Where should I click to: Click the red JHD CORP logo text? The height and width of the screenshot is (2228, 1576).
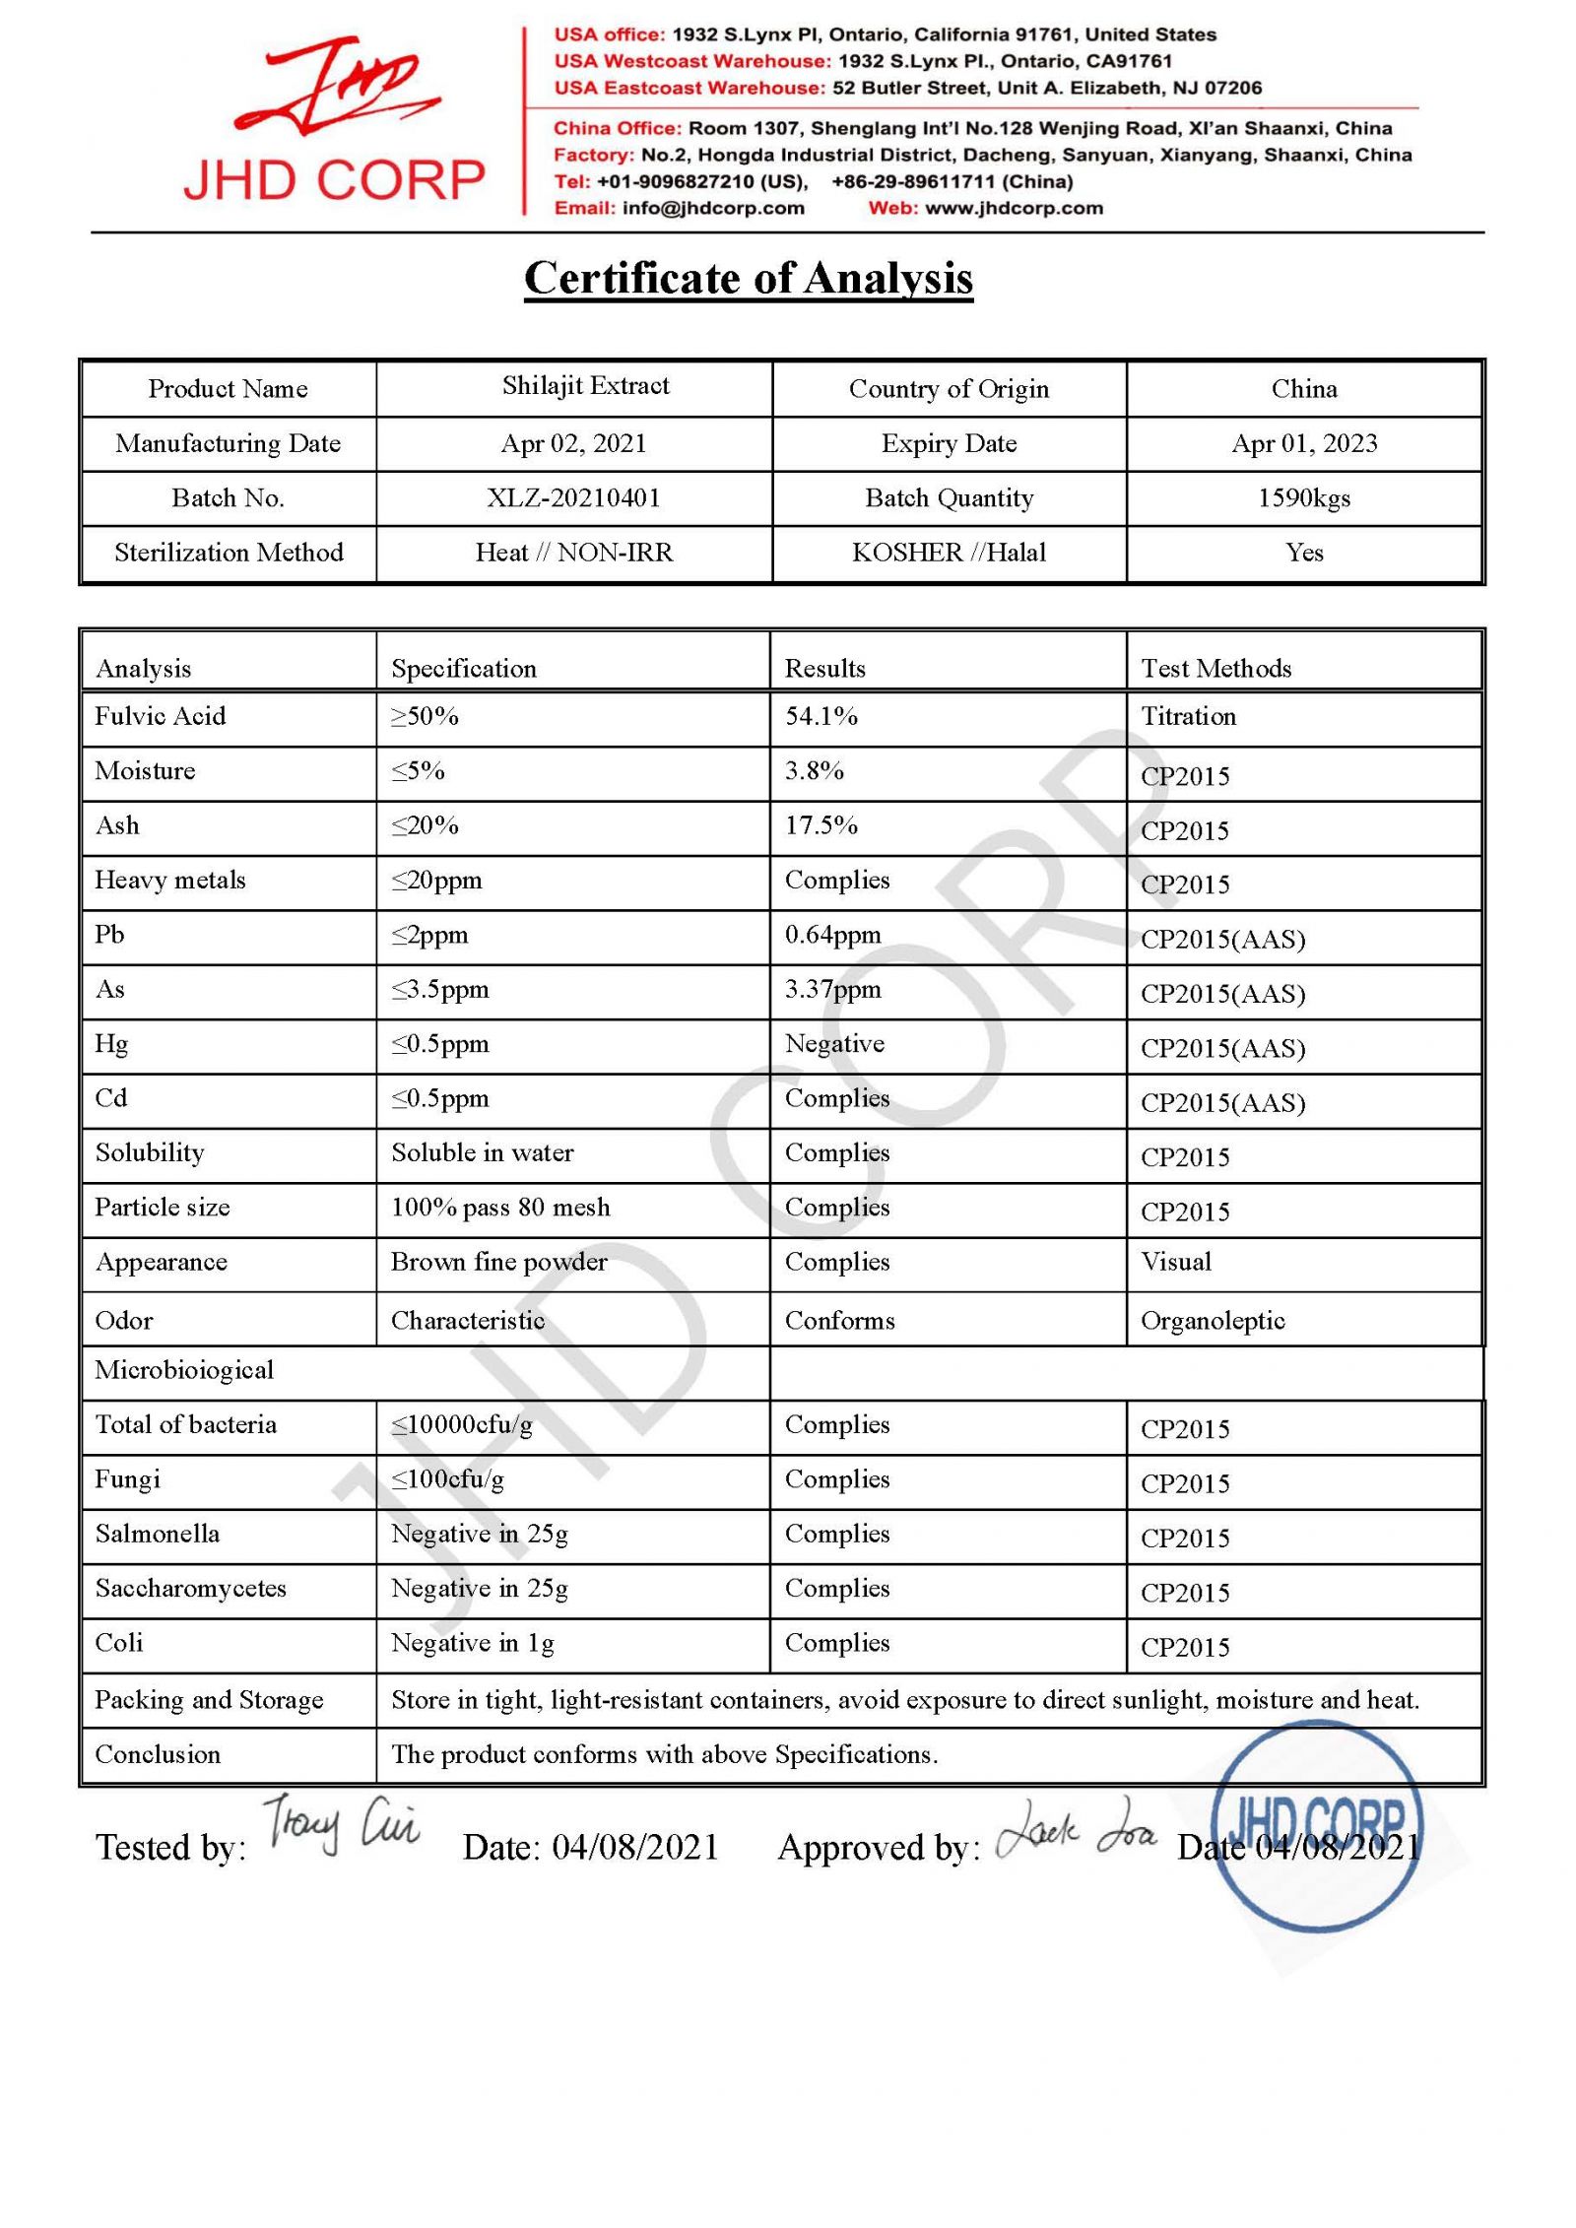click(x=334, y=179)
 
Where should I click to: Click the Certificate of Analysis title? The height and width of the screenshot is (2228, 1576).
click(x=748, y=278)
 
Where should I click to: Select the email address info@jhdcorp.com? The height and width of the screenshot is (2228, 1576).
click(x=713, y=208)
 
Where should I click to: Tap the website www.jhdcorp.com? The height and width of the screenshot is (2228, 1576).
click(x=1014, y=208)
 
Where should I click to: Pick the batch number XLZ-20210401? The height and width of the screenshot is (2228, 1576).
click(x=573, y=497)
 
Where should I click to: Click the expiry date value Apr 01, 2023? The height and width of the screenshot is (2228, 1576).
click(x=1303, y=443)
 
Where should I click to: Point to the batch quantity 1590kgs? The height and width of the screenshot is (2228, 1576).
click(x=1303, y=497)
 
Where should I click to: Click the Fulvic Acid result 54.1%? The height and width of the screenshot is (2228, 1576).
click(x=821, y=716)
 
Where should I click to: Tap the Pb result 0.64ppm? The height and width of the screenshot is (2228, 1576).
click(x=832, y=935)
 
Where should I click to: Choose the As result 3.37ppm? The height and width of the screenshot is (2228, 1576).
click(x=832, y=989)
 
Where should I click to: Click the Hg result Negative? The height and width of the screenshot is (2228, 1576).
click(x=834, y=1043)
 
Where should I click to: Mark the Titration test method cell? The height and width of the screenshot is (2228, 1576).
click(x=1188, y=716)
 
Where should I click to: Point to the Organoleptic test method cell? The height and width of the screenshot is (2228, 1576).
click(x=1213, y=1320)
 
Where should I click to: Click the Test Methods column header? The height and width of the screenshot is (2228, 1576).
click(x=1215, y=668)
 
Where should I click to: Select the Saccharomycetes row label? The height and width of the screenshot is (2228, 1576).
click(x=190, y=1588)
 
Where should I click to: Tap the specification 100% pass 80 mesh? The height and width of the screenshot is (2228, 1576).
click(x=500, y=1207)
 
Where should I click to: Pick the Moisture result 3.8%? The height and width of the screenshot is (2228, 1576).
click(x=814, y=770)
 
